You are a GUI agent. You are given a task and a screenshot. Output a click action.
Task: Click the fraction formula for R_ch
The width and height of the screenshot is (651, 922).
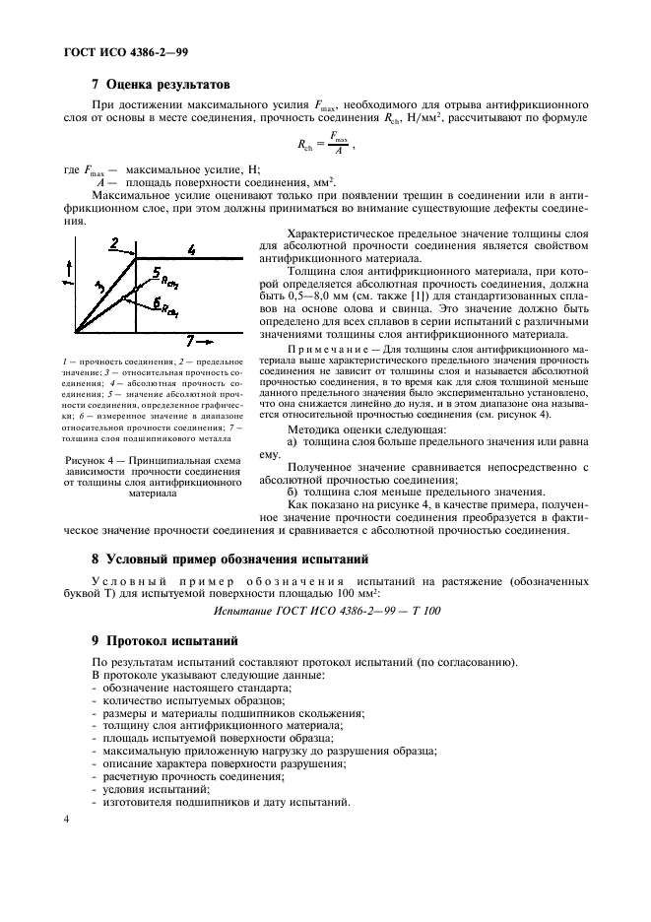tap(324, 145)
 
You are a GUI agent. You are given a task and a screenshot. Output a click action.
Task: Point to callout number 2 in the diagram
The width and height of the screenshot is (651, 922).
tap(114, 242)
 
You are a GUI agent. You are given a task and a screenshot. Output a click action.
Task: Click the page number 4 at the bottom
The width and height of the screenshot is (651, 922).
tap(66, 819)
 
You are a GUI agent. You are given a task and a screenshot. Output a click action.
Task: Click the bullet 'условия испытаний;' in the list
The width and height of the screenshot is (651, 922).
tap(150, 789)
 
